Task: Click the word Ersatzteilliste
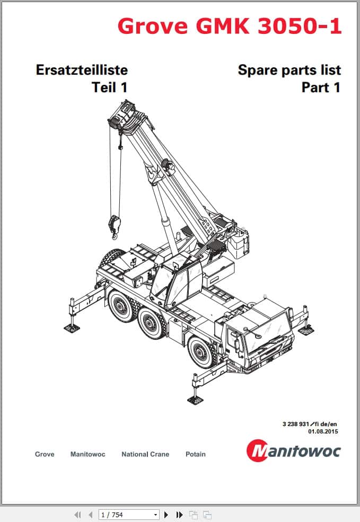(81, 69)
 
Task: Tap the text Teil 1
(109, 87)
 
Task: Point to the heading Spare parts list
(289, 69)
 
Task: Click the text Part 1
(321, 87)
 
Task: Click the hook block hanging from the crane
(115, 222)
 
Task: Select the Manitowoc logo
(294, 451)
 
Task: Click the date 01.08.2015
(322, 431)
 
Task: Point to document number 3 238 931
(298, 423)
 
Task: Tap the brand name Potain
(196, 454)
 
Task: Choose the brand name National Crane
(145, 454)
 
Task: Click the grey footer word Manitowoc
(87, 454)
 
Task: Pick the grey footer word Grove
(45, 454)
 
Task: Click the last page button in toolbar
(179, 514)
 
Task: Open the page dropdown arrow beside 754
(155, 514)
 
